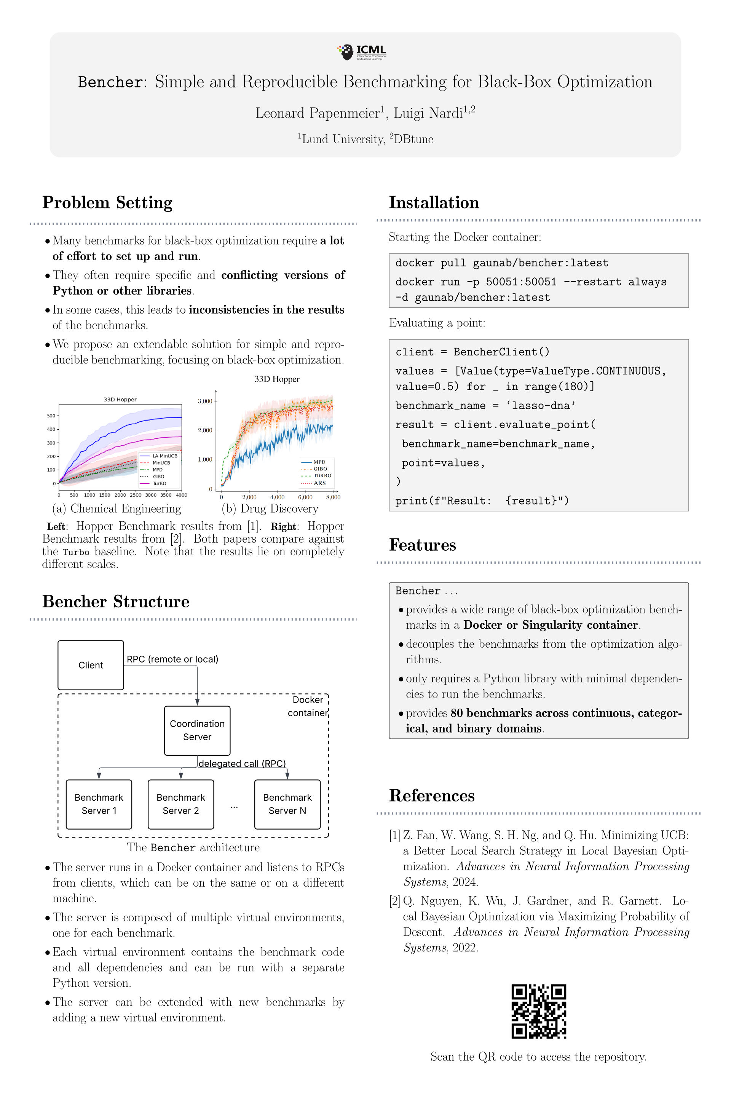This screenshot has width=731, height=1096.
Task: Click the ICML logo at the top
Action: coord(362,52)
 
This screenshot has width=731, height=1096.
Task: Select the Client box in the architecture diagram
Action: coord(91,665)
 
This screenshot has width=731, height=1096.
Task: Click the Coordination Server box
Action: coord(197,730)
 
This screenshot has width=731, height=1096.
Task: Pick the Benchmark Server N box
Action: coord(287,804)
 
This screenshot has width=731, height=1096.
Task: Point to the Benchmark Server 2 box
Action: coord(181,804)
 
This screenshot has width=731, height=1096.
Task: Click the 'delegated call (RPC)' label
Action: coord(242,763)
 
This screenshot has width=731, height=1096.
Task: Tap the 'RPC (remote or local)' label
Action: coord(172,659)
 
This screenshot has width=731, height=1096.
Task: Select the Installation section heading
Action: coord(434,203)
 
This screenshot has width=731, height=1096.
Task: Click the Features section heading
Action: coord(422,545)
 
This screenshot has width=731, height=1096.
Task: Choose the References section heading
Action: coord(432,795)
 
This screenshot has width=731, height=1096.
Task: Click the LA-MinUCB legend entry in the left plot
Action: coord(164,456)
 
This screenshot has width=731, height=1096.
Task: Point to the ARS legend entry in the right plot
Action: coord(319,483)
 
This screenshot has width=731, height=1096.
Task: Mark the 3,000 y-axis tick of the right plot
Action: coord(205,401)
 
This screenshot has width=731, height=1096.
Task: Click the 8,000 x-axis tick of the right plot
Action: coord(333,497)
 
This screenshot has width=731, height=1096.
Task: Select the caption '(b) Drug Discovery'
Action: coord(270,508)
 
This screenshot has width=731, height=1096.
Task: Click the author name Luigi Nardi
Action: coord(428,113)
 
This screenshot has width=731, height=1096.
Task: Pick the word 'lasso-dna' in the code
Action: coord(544,405)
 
